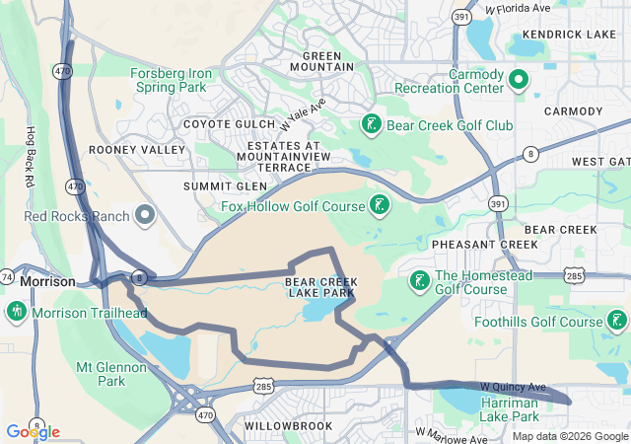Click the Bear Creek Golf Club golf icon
[371, 125]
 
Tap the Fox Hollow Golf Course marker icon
[379, 205]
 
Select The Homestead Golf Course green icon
[419, 281]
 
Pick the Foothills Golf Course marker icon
[617, 321]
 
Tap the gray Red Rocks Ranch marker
[146, 214]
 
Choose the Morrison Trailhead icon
[16, 313]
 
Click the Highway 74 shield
[6, 279]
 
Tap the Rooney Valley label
[137, 149]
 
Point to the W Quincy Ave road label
[513, 386]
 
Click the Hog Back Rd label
[31, 157]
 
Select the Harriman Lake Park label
[509, 410]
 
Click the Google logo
[33, 432]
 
